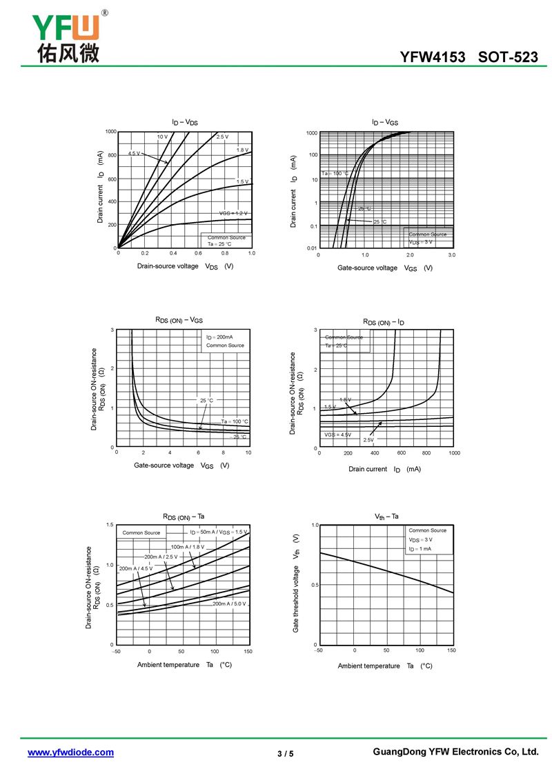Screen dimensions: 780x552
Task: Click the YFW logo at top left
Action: tap(66, 36)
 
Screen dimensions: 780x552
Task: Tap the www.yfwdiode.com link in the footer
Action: tap(70, 752)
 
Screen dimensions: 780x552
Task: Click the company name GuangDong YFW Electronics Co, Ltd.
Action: tap(455, 752)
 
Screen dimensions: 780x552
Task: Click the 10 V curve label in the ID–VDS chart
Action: tap(162, 137)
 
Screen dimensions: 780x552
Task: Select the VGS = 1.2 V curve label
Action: tap(233, 213)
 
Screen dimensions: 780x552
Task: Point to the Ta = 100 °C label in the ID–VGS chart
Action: tap(335, 173)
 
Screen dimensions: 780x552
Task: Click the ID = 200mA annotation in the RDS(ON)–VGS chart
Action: tap(219, 337)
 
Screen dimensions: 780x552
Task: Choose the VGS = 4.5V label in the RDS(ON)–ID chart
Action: tap(338, 434)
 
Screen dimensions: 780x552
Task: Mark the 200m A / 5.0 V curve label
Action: tap(229, 603)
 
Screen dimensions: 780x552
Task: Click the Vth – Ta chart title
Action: tap(386, 517)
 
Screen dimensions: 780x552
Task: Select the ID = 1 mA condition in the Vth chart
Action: tap(420, 549)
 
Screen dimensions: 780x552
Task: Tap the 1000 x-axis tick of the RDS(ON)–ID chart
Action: tap(453, 453)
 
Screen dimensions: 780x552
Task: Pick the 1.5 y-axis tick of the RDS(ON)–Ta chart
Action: tap(110, 525)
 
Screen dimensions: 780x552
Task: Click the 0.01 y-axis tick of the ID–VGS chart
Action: tap(312, 248)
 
